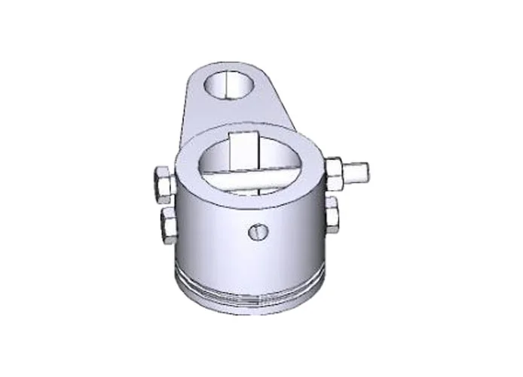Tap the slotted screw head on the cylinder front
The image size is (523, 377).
[258, 231]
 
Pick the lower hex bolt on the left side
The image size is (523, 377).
[166, 222]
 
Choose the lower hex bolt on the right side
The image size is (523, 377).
[332, 215]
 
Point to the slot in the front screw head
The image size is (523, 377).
[258, 231]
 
